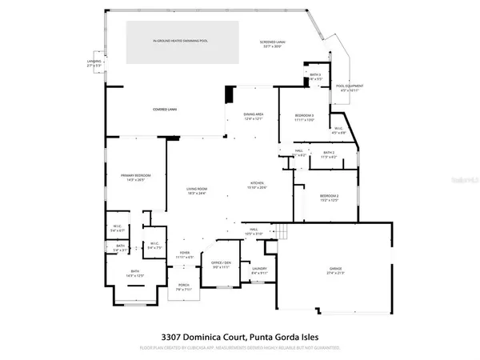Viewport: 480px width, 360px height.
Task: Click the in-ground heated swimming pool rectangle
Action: (x=182, y=42)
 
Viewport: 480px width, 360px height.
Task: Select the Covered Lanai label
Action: (x=166, y=109)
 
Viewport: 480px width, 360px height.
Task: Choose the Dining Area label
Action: (x=254, y=117)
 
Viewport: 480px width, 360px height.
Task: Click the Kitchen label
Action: (x=258, y=185)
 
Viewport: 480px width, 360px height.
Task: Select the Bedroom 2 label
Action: (x=330, y=198)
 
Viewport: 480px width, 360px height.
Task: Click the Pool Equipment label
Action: (x=350, y=87)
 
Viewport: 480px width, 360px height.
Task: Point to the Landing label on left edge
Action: (x=94, y=62)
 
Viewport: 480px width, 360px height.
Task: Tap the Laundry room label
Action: (x=259, y=272)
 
